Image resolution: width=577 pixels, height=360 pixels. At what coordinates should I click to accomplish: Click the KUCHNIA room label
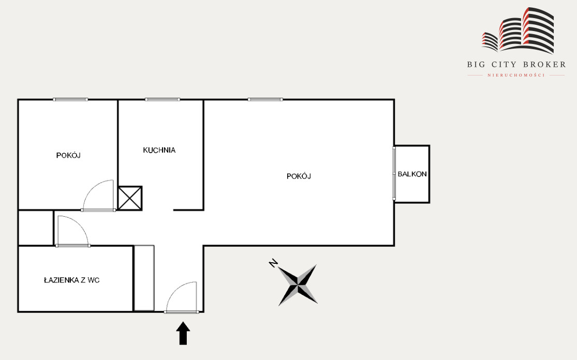pyautogui.click(x=159, y=150)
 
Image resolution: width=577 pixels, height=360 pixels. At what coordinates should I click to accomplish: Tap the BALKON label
pyautogui.click(x=412, y=174)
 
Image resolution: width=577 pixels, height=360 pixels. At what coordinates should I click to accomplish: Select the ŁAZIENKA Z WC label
pyautogui.click(x=72, y=280)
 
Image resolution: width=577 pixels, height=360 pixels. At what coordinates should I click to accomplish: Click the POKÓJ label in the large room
pyautogui.click(x=299, y=176)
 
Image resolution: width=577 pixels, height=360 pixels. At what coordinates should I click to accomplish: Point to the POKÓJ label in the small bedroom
pyautogui.click(x=68, y=155)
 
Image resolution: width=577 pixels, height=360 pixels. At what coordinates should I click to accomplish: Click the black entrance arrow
pyautogui.click(x=183, y=333)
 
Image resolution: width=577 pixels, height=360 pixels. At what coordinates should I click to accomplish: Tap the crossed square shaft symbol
pyautogui.click(x=130, y=198)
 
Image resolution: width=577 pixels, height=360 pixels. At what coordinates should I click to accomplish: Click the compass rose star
pyautogui.click(x=298, y=285)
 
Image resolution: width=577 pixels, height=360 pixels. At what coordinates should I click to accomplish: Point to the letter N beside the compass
pyautogui.click(x=273, y=263)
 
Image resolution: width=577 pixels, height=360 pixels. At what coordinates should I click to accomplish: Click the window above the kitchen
pyautogui.click(x=162, y=100)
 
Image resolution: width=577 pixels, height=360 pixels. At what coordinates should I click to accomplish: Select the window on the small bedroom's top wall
pyautogui.click(x=70, y=100)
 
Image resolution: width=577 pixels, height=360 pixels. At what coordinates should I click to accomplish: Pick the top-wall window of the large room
pyautogui.click(x=265, y=100)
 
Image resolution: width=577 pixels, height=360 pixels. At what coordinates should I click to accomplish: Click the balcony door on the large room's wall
pyautogui.click(x=394, y=174)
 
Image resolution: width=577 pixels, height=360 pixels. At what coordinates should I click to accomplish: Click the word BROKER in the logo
pyautogui.click(x=544, y=65)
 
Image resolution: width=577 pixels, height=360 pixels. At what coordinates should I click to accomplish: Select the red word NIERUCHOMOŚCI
pyautogui.click(x=516, y=76)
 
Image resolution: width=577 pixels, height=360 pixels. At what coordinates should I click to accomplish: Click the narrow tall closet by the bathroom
pyautogui.click(x=144, y=278)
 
